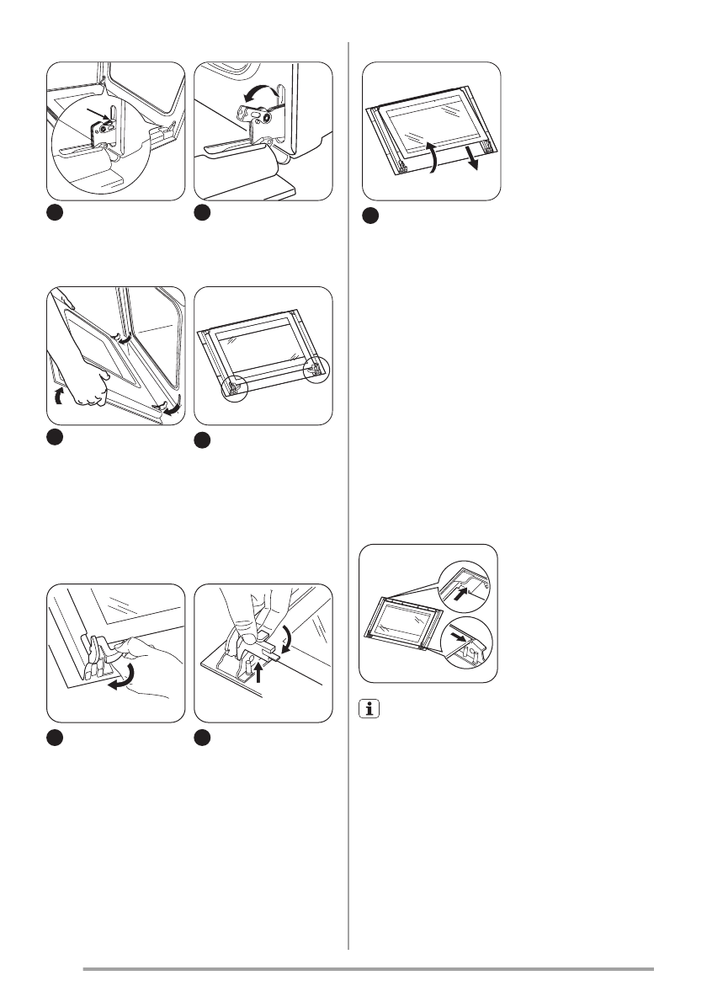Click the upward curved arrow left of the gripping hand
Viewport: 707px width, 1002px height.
point(57,396)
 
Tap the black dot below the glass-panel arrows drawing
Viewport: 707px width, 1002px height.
point(370,216)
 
